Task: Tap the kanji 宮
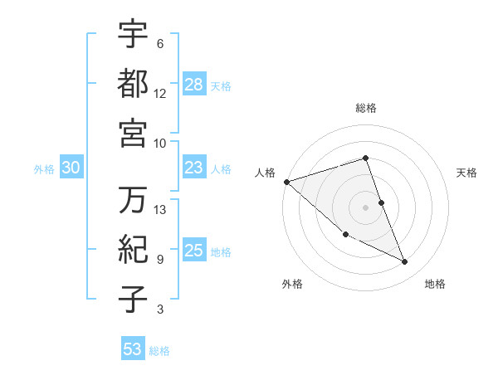pos(133,132)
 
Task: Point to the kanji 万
pos(133,200)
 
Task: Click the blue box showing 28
pos(194,85)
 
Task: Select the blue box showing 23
pos(194,168)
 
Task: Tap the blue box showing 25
pos(194,251)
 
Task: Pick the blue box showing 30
pos(71,168)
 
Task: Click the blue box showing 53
pos(132,349)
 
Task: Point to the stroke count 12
pos(160,93)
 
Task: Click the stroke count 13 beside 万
pos(160,210)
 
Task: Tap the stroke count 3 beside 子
pos(160,310)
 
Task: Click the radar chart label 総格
pos(366,108)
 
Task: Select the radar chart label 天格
pos(467,173)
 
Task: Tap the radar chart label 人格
pos(265,173)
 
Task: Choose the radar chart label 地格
pos(435,284)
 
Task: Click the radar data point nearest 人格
pos(286,181)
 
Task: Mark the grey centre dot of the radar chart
pos(366,207)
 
